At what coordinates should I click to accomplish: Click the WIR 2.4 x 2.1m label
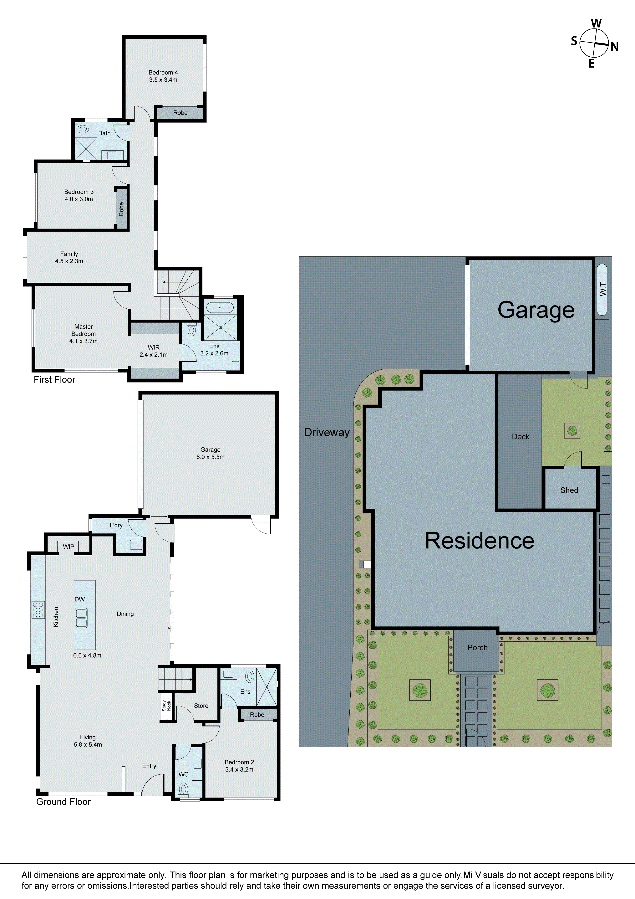coord(154,351)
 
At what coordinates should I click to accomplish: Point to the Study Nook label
coord(166,706)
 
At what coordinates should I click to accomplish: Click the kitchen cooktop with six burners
coord(38,610)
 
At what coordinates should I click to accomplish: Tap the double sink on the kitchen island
coord(81,618)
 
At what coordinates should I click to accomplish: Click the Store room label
coord(201,706)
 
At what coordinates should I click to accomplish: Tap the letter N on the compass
coord(614,47)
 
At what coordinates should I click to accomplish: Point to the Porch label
coord(477,648)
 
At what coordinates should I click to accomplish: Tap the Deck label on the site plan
coord(520,437)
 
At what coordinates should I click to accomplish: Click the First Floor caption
coord(54,379)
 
